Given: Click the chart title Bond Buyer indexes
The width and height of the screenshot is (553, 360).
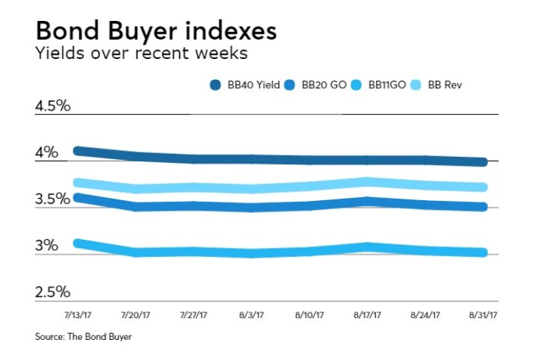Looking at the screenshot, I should point(155,31).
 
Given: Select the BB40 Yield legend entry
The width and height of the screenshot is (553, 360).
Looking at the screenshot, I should point(246,85).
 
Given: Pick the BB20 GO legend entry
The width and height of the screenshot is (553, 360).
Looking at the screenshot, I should point(318,85).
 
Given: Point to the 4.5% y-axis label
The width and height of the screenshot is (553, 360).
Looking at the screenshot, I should point(52,105).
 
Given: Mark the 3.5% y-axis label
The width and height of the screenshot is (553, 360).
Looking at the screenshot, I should point(52,199).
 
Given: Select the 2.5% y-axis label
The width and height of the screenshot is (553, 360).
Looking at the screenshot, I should point(52,291).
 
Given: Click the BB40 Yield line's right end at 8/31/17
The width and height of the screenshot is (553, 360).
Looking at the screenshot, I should point(483,162).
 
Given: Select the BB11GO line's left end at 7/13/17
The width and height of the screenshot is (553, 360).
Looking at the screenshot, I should point(77,243).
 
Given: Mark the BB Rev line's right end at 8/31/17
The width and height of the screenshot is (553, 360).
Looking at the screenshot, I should point(483,187).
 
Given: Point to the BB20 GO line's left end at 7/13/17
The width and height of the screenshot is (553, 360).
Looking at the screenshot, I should point(77,197).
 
